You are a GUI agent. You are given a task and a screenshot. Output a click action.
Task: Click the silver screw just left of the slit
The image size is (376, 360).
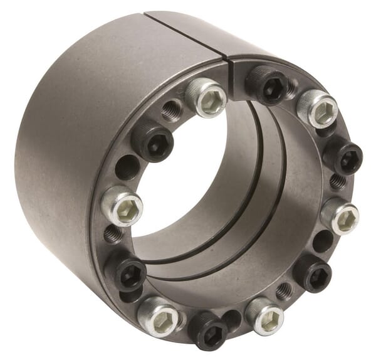[x=206, y=97]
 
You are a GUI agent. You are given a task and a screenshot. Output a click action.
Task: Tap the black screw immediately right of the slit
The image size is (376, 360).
[x=266, y=84]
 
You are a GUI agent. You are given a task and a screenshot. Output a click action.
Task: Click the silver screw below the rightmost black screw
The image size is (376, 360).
[x=340, y=216]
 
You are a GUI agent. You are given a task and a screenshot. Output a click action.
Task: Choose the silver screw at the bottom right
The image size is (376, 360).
[x=264, y=316]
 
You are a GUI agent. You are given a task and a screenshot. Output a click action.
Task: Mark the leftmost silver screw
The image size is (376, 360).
[x=121, y=206]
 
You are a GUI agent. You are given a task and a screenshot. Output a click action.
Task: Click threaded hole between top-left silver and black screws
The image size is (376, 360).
[x=172, y=110]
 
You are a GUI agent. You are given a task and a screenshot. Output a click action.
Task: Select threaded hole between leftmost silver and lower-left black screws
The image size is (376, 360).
[x=114, y=235]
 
